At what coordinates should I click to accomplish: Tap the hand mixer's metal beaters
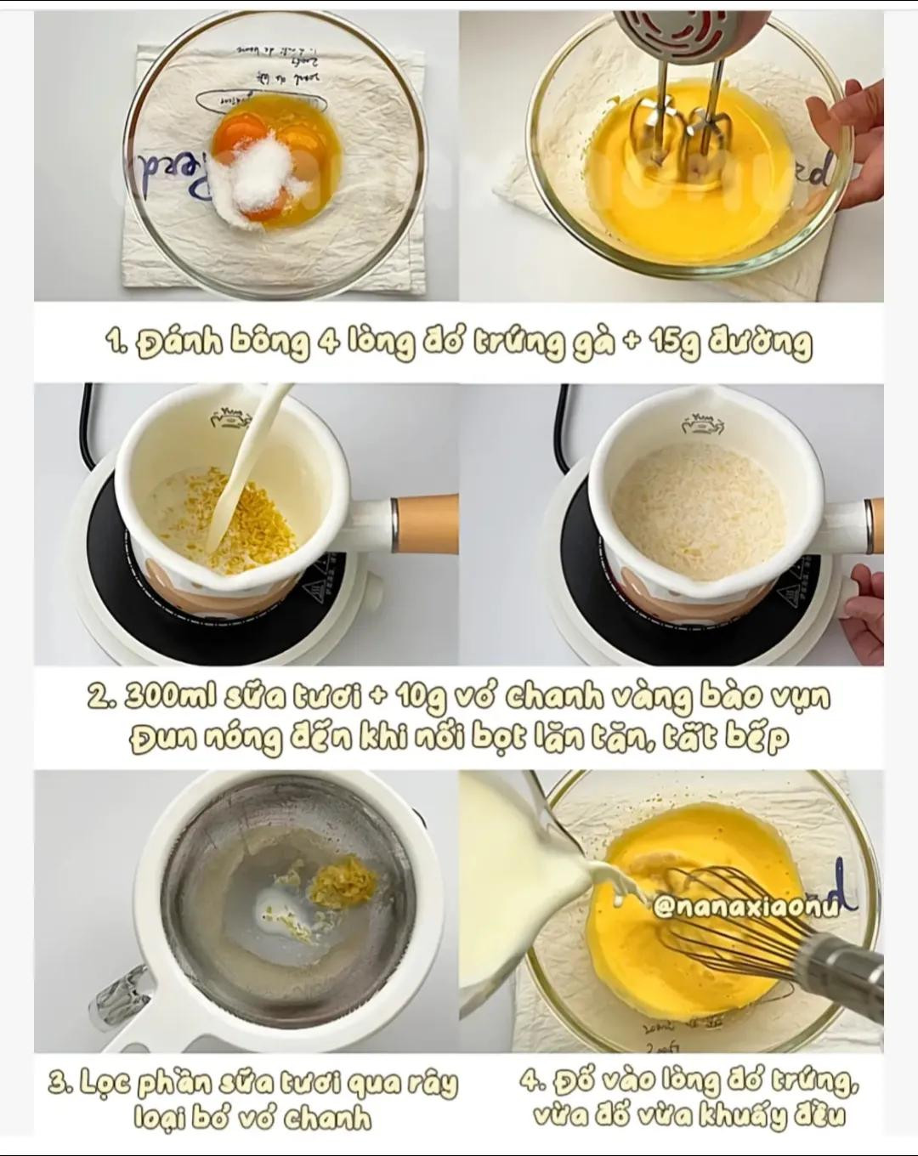point(676,140)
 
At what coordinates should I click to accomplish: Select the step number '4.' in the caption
point(532,1083)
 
